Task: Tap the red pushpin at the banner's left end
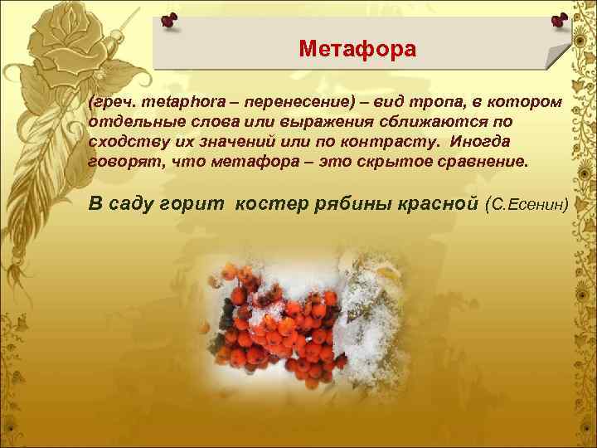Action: pos(169,20)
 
